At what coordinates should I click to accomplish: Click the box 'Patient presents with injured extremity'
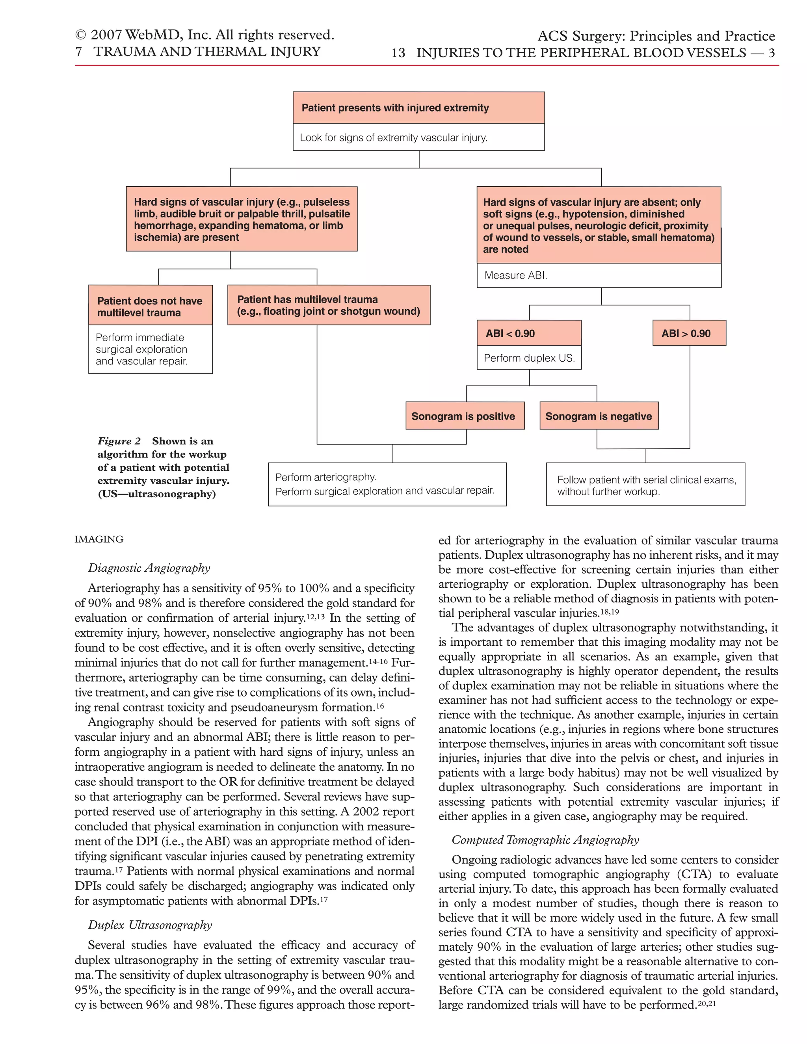click(x=418, y=108)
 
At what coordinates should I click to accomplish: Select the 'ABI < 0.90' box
click(x=529, y=333)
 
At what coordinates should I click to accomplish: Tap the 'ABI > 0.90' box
click(x=689, y=333)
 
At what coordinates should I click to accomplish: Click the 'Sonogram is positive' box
click(x=465, y=416)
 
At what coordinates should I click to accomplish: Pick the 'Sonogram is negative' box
click(x=599, y=416)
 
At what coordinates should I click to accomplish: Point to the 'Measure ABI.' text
click(x=516, y=275)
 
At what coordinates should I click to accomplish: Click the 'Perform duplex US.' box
click(x=529, y=358)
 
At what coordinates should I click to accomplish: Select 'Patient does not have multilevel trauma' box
click(x=150, y=307)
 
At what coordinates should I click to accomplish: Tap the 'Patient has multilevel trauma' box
click(x=329, y=305)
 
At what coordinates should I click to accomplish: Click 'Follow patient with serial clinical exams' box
click(x=645, y=485)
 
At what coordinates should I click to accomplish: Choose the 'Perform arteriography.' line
click(x=326, y=477)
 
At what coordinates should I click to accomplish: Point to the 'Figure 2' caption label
click(x=119, y=441)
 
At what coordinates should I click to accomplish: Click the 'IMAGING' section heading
click(x=99, y=539)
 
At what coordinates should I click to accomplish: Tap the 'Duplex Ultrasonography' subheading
click(x=150, y=925)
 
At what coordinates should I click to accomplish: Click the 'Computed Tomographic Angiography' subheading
click(x=545, y=840)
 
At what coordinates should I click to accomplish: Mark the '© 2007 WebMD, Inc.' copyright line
click(x=205, y=35)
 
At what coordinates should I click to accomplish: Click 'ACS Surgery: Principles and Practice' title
click(x=656, y=36)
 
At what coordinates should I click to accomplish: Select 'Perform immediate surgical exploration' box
click(x=150, y=349)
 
